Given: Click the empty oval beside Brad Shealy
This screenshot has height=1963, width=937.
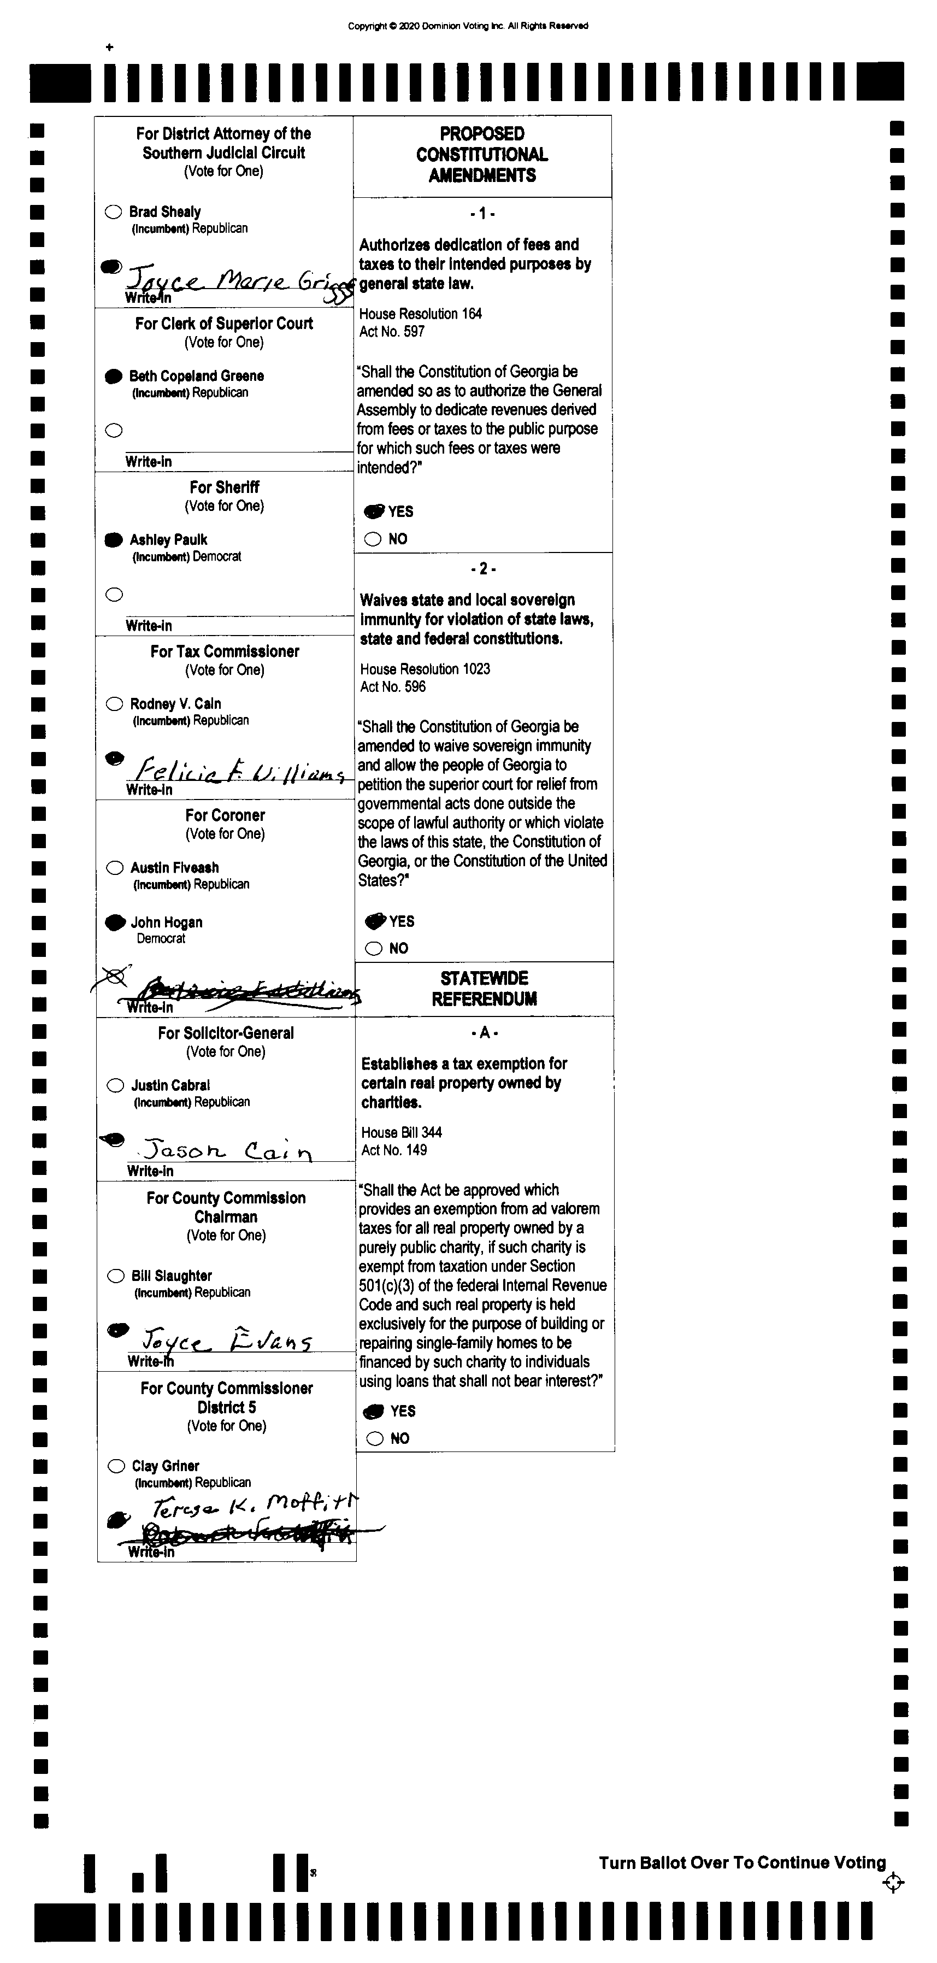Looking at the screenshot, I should click(114, 212).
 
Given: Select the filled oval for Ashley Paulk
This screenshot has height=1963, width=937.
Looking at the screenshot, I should click(114, 539).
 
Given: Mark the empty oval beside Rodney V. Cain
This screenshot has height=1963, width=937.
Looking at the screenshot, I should click(114, 703).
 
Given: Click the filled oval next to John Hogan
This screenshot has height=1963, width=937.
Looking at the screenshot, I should click(115, 922).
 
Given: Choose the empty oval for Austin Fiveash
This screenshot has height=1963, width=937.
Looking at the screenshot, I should click(115, 867).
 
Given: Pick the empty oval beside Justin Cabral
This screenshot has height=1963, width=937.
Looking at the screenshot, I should click(115, 1085).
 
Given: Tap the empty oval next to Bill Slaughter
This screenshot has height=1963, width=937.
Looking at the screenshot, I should click(116, 1276).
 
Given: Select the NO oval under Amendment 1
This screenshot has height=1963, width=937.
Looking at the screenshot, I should click(373, 539).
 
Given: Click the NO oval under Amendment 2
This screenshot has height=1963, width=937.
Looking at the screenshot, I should click(373, 948).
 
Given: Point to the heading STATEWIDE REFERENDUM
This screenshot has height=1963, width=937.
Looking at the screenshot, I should click(485, 989).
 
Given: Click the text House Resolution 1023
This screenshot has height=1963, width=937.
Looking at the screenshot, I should click(425, 669).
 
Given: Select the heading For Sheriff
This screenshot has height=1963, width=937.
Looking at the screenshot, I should click(225, 487).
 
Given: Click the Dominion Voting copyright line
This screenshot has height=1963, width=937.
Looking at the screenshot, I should click(468, 26).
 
